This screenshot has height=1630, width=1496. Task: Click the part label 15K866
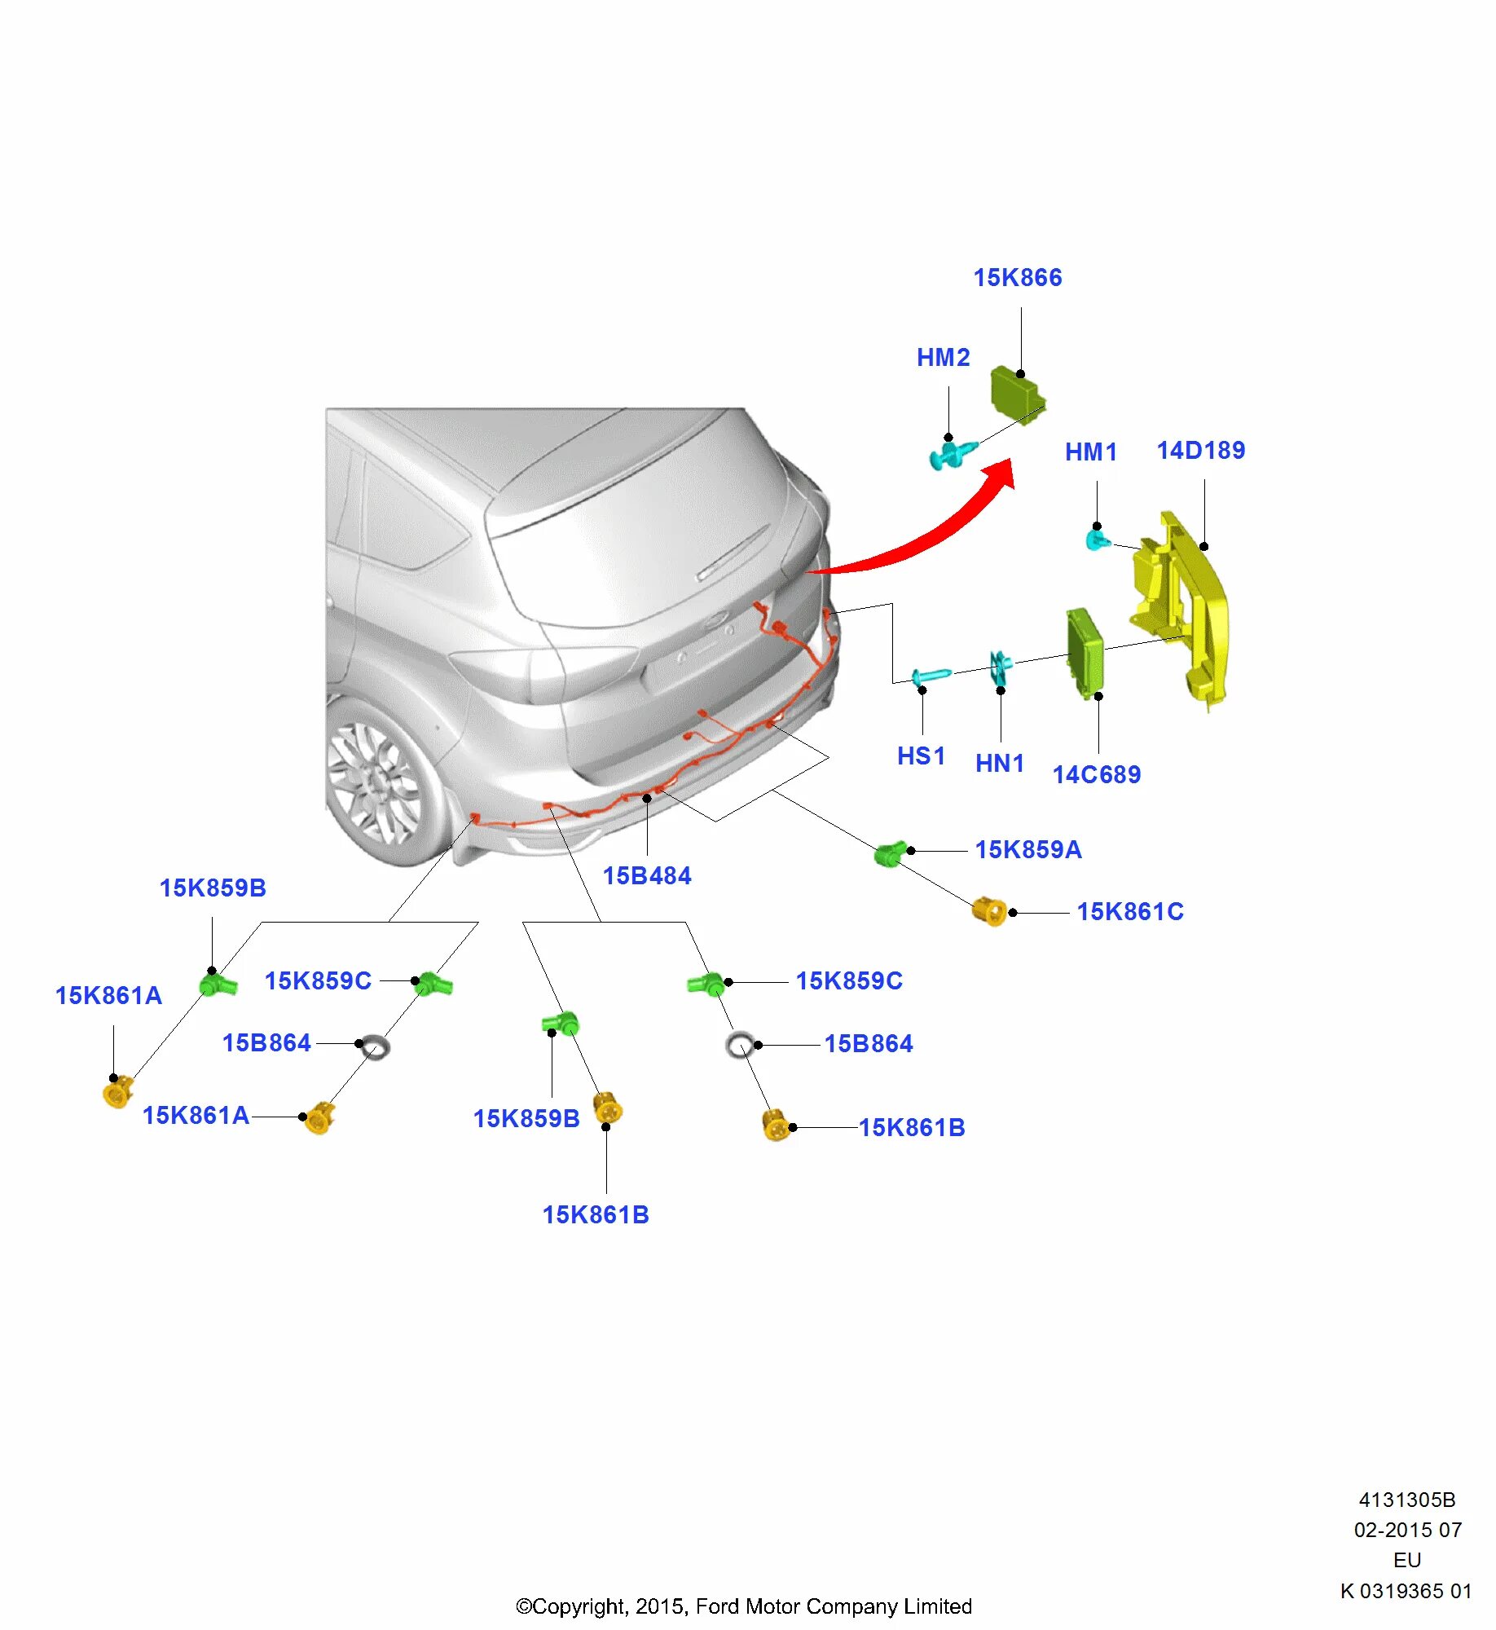(x=1018, y=278)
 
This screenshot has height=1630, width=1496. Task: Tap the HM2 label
(x=943, y=358)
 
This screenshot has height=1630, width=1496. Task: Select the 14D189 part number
(x=1200, y=451)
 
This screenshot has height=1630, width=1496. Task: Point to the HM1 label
(x=1090, y=452)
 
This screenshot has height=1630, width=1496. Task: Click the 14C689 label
(x=1096, y=774)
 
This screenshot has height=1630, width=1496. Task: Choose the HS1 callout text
(x=921, y=756)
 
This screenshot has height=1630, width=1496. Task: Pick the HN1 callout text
(x=999, y=764)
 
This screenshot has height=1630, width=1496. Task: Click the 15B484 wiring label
(x=647, y=876)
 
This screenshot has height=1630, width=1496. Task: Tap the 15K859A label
(x=1028, y=850)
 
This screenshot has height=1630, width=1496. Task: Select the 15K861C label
(x=1130, y=912)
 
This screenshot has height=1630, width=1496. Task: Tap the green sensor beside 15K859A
(x=890, y=854)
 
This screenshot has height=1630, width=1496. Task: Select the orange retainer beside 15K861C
(x=989, y=911)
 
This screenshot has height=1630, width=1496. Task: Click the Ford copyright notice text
(x=744, y=1606)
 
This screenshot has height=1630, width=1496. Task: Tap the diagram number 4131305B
(x=1406, y=1500)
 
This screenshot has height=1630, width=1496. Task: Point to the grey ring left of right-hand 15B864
(x=739, y=1045)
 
